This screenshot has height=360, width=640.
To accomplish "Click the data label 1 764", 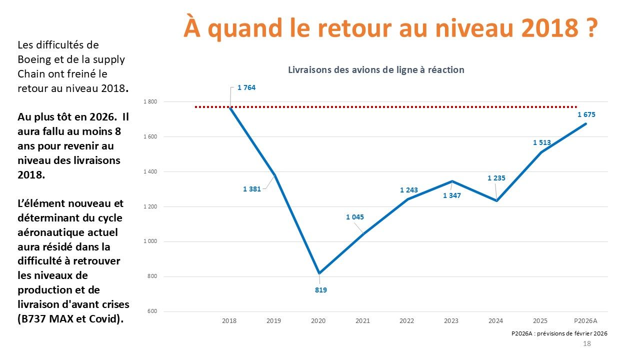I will (x=246, y=88).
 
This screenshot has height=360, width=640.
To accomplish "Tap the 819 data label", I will (x=320, y=289).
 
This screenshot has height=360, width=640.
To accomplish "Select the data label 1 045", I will (x=354, y=217).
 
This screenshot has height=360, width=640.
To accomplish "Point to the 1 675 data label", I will (x=586, y=114).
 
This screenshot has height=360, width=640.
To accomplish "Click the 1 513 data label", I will (x=541, y=142).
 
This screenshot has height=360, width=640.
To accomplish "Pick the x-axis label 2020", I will (x=318, y=320).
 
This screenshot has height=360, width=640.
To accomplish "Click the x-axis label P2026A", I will (x=584, y=320).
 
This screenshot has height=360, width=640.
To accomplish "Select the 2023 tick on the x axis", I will (x=451, y=320).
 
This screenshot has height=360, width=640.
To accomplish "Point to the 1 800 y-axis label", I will (x=150, y=102).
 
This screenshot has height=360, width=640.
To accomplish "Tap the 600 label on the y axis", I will (x=152, y=311).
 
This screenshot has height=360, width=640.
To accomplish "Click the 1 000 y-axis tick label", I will (x=150, y=241).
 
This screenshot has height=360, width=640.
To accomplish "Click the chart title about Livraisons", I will (x=376, y=70).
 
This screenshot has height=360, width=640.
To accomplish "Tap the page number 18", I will (x=587, y=344).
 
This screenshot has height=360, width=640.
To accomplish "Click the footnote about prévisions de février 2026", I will (x=559, y=333).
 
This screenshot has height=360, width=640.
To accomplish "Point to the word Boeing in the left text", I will (x=33, y=59).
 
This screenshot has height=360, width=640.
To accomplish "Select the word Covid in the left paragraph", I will (x=100, y=319).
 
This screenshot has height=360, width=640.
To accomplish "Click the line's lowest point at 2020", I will (x=318, y=273).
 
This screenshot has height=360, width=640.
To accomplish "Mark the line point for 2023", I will (x=452, y=181).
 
